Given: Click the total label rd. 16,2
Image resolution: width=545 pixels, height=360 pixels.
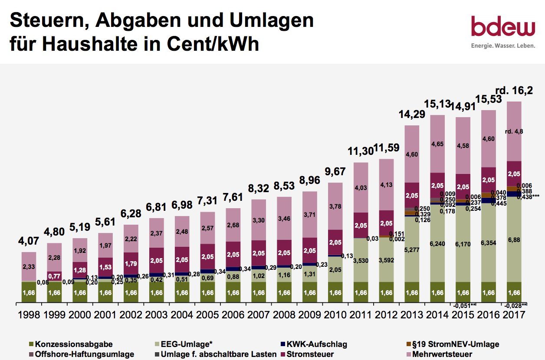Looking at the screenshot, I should pos(514,91).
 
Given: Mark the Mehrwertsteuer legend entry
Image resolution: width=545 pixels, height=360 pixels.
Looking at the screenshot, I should pos(441,354).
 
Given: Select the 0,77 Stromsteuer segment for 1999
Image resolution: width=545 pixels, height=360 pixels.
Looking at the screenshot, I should pos(54,276).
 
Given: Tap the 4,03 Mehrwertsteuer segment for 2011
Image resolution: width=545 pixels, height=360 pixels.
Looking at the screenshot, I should pos(361,188).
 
